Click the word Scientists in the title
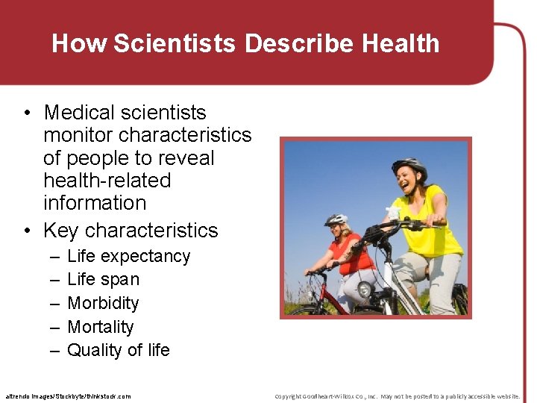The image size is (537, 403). pos(175,43)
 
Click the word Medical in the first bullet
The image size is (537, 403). pos(81,113)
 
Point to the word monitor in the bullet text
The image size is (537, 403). pos(78,135)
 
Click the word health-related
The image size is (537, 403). pos(107,180)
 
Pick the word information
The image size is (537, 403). pos(95,202)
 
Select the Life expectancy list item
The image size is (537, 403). pos(128,256)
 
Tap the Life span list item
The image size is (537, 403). pos(103,279)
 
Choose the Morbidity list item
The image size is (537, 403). pos(103,303)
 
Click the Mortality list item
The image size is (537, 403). pos(101,327)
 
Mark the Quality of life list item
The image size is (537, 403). pos(119,350)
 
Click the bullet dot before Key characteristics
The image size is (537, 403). pos(27,231)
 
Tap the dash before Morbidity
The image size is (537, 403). pos(55,303)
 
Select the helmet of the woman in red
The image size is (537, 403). pos(336,219)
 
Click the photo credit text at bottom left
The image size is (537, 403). pos(68,396)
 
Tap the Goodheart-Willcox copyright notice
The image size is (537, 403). pos(397,396)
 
